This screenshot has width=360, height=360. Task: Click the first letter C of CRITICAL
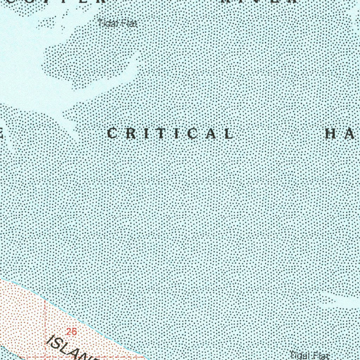coord(112,134)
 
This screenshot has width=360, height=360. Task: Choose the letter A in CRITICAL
coord(212,134)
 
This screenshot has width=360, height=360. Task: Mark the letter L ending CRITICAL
coord(228,134)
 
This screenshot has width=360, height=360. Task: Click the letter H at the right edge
coord(331,134)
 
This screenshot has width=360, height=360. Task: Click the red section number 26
coord(71,331)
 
